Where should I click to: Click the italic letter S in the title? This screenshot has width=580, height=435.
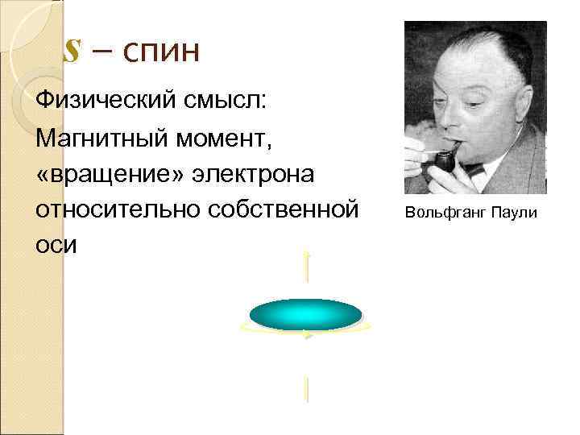point(72,52)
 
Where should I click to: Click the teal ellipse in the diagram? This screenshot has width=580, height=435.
point(305,314)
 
